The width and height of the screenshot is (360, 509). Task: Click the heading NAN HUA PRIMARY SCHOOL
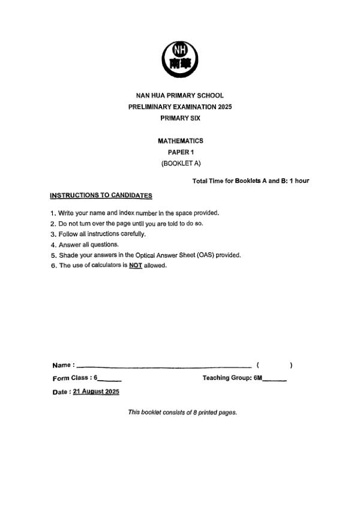pyautogui.click(x=179, y=95)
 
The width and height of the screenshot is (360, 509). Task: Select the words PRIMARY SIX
pyautogui.click(x=179, y=118)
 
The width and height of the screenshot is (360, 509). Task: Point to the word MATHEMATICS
pyautogui.click(x=180, y=141)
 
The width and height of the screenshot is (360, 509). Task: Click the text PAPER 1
pyautogui.click(x=180, y=152)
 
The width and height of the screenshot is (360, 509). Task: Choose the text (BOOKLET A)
pyautogui.click(x=180, y=164)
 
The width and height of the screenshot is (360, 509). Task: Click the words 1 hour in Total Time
pyautogui.click(x=299, y=180)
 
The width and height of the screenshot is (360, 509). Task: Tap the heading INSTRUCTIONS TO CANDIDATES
pyautogui.click(x=101, y=195)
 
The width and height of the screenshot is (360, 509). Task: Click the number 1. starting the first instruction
pyautogui.click(x=53, y=213)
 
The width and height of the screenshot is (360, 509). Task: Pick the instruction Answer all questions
pyautogui.click(x=89, y=245)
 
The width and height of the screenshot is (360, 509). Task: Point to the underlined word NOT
pyautogui.click(x=135, y=266)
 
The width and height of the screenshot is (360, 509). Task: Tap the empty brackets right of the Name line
pyautogui.click(x=274, y=365)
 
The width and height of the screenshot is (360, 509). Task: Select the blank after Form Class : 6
pyautogui.click(x=110, y=380)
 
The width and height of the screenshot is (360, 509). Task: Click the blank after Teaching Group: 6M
pyautogui.click(x=275, y=380)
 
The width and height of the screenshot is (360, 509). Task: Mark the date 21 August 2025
pyautogui.click(x=96, y=391)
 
